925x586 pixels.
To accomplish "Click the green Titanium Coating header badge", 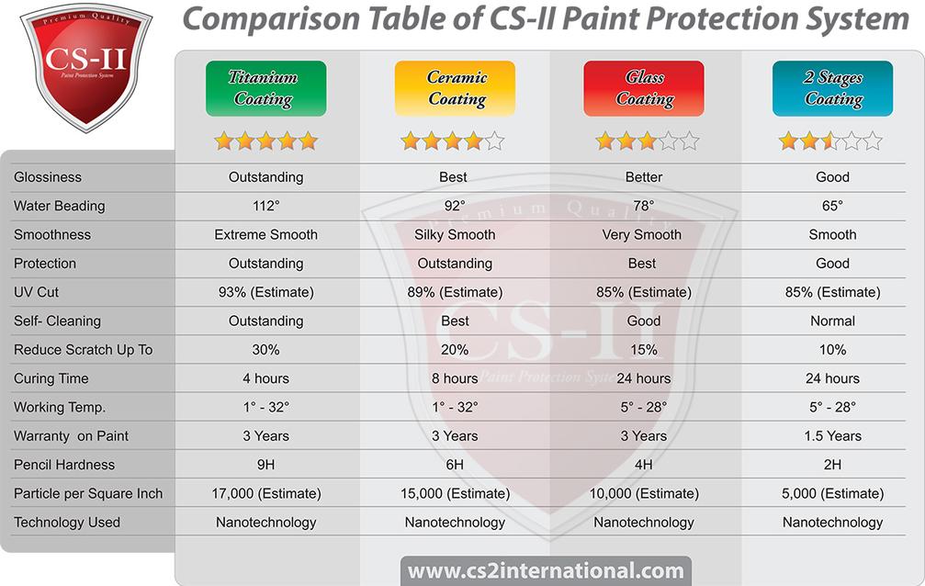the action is point(266,88).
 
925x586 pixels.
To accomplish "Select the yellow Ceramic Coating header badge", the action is point(455,88).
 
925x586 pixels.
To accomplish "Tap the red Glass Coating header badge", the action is point(644,88).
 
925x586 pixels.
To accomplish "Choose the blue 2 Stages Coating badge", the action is point(832,88).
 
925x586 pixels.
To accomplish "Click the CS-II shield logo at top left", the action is point(86,66).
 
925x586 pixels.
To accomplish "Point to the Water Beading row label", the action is point(59,206).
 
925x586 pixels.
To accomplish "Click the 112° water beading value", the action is point(266,206).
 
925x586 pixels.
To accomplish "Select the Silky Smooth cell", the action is point(455,235).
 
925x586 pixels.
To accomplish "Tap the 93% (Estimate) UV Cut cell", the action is point(266,292).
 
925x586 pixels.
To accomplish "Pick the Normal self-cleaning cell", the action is point(832,321).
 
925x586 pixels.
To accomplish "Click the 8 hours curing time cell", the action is point(455,378).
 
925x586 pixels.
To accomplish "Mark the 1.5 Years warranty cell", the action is point(832,436).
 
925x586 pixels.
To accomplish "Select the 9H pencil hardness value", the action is point(266,465).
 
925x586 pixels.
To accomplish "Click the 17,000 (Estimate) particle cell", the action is point(266,493).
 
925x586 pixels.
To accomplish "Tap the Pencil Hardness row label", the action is point(64,465).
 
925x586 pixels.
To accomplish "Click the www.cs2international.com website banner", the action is point(546,570).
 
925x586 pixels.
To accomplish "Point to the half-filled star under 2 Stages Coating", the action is point(830,141).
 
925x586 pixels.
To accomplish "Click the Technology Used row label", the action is point(67,523).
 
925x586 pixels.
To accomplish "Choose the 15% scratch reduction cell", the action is point(644,350).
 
